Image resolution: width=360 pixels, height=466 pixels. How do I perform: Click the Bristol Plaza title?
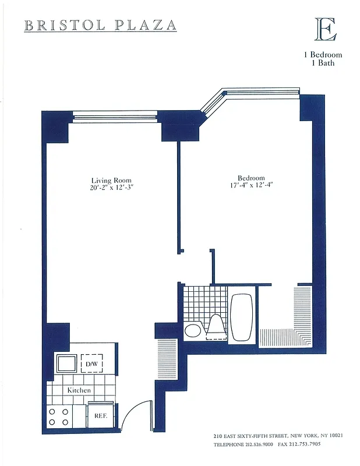[100, 25]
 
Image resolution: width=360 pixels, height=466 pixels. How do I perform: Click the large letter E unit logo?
[325, 29]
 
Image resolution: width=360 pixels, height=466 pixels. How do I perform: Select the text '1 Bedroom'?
[322, 55]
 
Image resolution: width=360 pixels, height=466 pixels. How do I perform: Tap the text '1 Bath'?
[323, 63]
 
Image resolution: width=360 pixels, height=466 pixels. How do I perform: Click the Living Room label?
[111, 180]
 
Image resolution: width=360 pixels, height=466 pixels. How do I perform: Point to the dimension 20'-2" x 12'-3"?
[111, 188]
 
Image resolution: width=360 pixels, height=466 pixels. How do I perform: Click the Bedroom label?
[251, 178]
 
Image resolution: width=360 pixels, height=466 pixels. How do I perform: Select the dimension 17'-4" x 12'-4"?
[251, 186]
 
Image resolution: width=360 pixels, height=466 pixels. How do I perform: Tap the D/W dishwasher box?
[91, 364]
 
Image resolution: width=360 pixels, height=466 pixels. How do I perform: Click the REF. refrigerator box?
[97, 416]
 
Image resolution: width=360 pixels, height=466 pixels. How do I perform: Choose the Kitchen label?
[79, 389]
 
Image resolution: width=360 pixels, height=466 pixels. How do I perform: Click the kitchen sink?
[64, 363]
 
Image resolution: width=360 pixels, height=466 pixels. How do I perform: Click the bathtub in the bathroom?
[241, 317]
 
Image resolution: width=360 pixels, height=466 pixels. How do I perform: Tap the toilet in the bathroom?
[215, 327]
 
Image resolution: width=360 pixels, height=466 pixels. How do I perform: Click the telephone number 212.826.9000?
[257, 444]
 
